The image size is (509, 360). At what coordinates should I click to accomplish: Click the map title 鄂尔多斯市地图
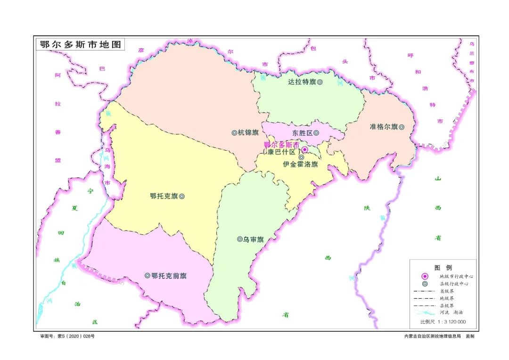coord(81,45)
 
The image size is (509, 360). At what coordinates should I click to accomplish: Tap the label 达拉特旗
coord(302,82)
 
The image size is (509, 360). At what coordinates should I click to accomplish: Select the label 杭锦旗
coord(248,133)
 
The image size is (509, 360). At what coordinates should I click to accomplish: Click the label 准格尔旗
coord(384,127)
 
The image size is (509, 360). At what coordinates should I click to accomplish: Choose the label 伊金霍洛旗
coord(300,164)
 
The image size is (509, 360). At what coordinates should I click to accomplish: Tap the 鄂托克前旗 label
coord(169,276)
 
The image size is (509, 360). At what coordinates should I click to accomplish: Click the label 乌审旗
coord(253,239)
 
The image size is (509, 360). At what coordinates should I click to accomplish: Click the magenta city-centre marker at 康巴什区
coord(304,150)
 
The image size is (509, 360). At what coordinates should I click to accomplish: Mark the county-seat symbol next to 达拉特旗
coord(320,82)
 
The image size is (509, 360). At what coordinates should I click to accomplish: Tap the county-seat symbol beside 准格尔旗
coord(402,127)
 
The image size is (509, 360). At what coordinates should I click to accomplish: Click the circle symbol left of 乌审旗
coord(239,239)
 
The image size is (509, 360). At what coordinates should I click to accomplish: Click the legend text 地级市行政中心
coord(456,276)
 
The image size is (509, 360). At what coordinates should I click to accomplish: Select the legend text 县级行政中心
coord(454,284)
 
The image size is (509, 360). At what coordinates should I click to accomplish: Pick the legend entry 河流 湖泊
coord(451,312)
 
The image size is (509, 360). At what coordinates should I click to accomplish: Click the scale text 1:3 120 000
coord(450,322)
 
